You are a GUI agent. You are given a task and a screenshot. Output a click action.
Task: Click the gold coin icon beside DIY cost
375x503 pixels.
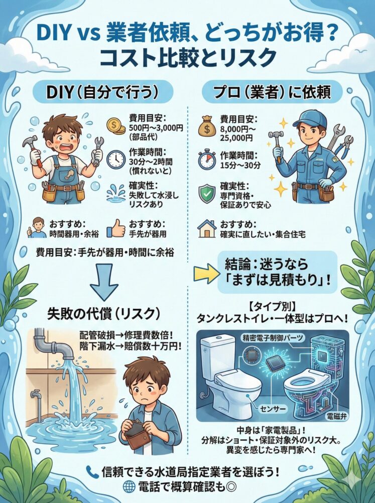point(116,126)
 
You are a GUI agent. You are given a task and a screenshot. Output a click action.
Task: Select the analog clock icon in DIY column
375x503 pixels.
point(115,159)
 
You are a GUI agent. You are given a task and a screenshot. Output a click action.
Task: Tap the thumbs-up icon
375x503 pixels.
point(115,227)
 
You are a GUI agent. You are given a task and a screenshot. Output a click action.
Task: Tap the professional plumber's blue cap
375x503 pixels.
point(306,119)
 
